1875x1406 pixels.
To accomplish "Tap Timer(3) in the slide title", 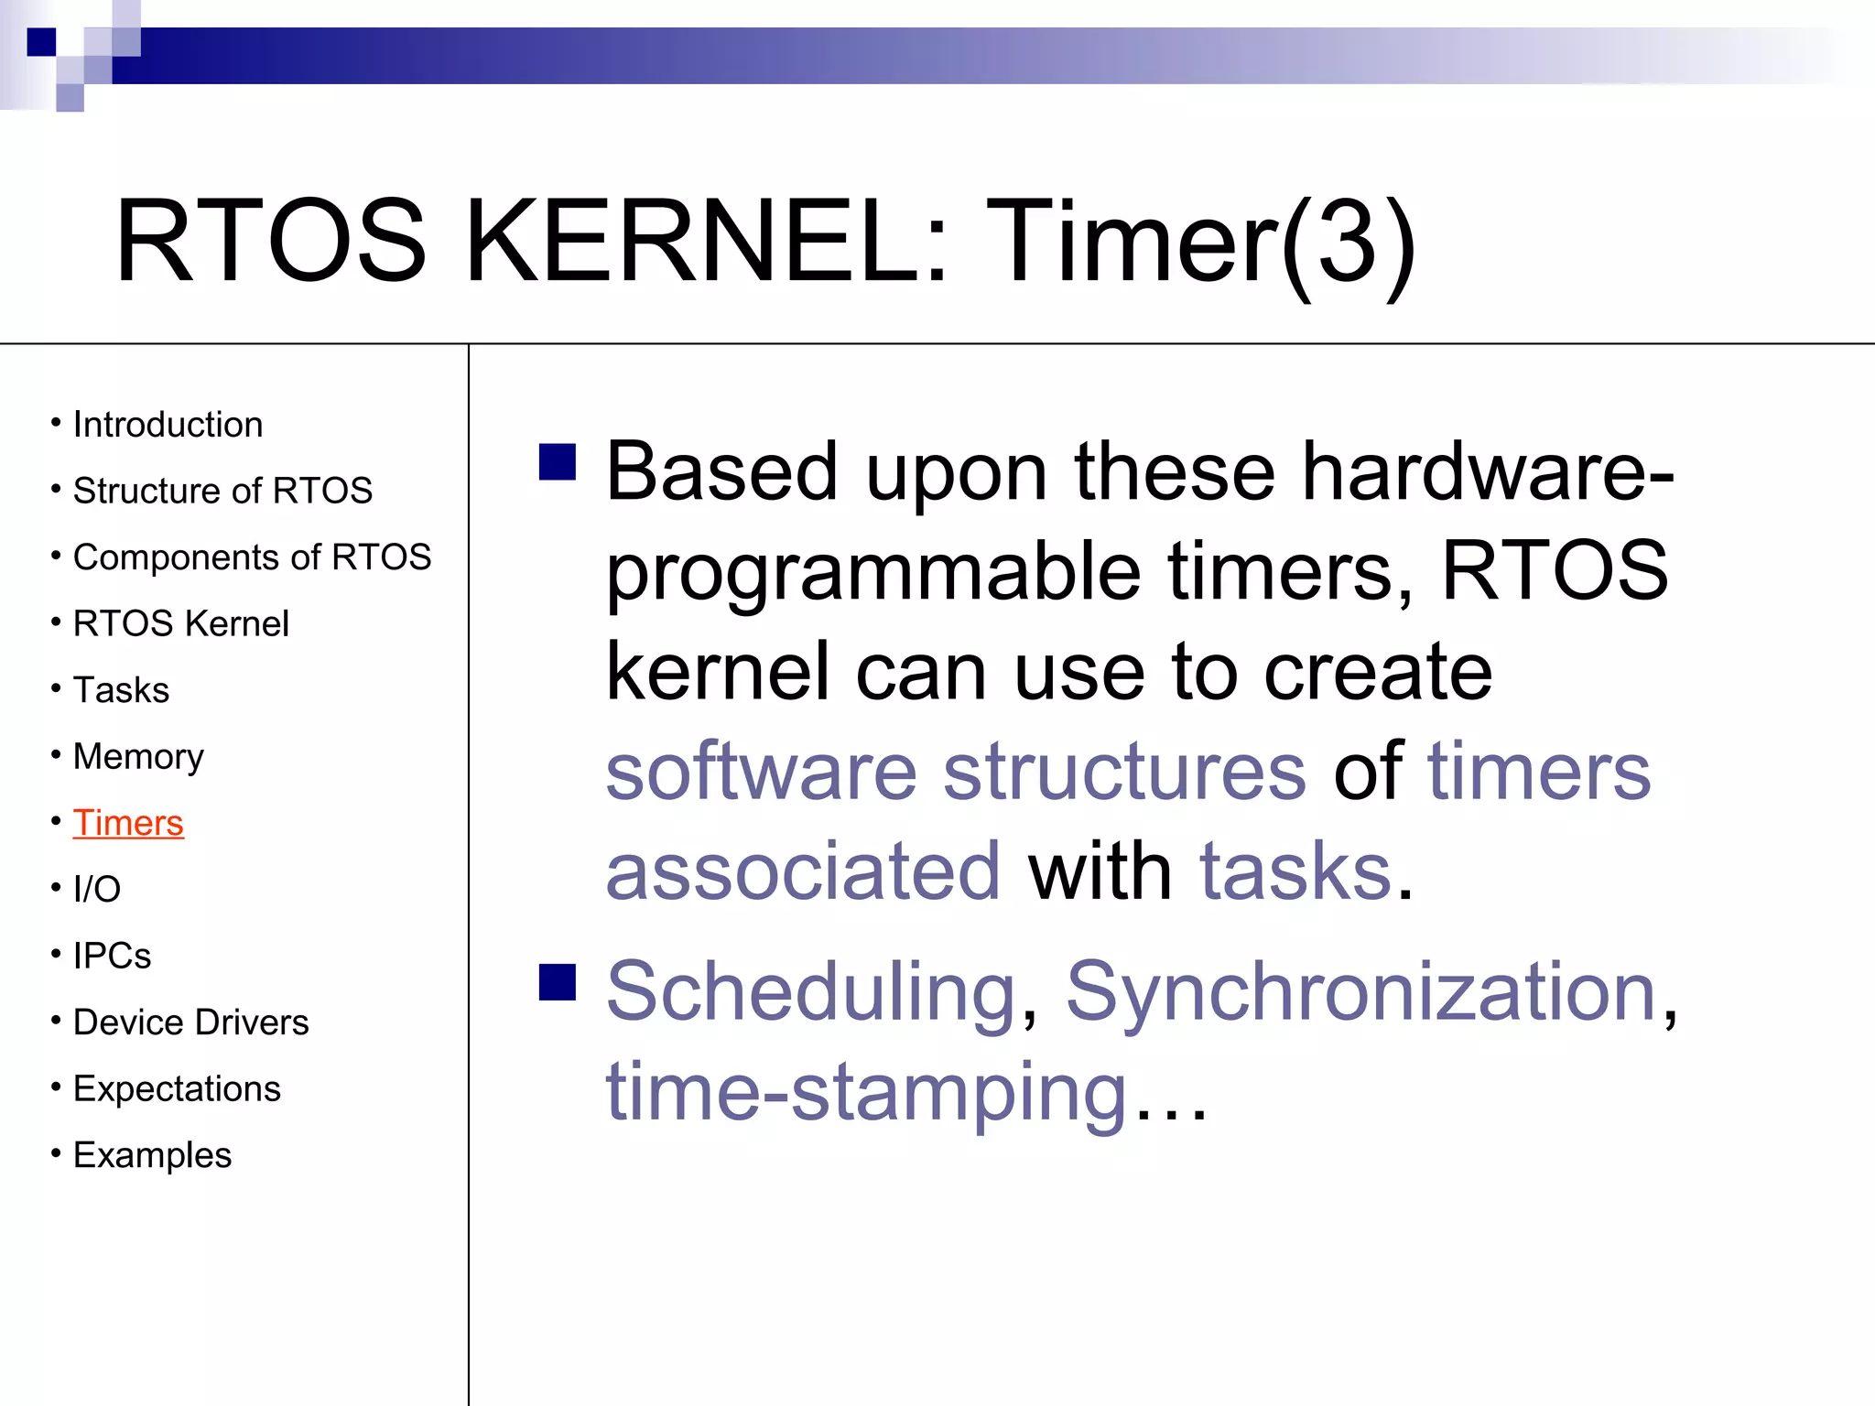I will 1199,245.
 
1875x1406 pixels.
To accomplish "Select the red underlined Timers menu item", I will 128,823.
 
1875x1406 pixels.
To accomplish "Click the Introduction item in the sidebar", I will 168,425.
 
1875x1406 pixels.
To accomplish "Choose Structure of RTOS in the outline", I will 222,491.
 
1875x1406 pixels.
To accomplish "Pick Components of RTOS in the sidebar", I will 252,557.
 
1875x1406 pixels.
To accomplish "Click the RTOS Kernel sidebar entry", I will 180,623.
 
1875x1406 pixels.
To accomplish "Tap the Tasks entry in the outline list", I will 121,690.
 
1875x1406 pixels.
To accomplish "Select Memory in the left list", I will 138,757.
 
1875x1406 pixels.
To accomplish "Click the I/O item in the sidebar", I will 96,889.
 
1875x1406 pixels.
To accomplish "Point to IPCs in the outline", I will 112,956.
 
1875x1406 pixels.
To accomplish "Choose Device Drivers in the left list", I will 190,1022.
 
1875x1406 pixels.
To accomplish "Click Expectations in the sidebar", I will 177,1089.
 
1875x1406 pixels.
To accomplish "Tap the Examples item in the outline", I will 152,1155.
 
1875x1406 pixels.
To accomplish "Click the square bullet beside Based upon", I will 558,462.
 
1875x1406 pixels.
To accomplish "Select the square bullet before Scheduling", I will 558,982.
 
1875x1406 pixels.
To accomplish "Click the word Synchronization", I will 1360,993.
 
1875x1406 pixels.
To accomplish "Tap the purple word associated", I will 803,871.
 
